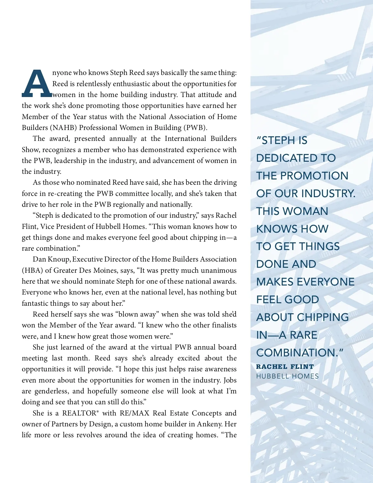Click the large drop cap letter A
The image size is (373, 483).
coord(37,83)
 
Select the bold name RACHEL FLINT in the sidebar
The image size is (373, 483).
coord(285,367)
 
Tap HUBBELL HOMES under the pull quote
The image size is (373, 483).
coord(287,376)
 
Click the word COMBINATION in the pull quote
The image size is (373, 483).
coord(296,353)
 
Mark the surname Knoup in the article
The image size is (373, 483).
coord(59,259)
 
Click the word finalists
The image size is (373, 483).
coord(224,325)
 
